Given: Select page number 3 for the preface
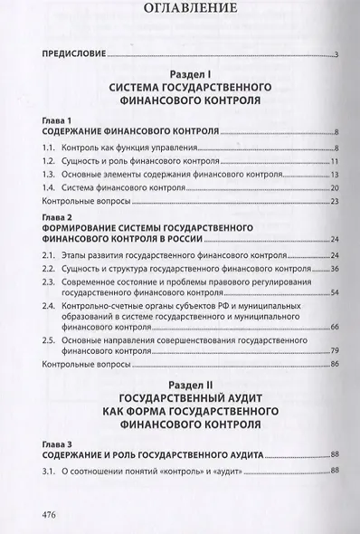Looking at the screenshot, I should (336, 56).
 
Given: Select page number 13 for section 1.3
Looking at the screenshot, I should (333, 174).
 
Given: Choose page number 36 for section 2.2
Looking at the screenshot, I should (333, 270).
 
